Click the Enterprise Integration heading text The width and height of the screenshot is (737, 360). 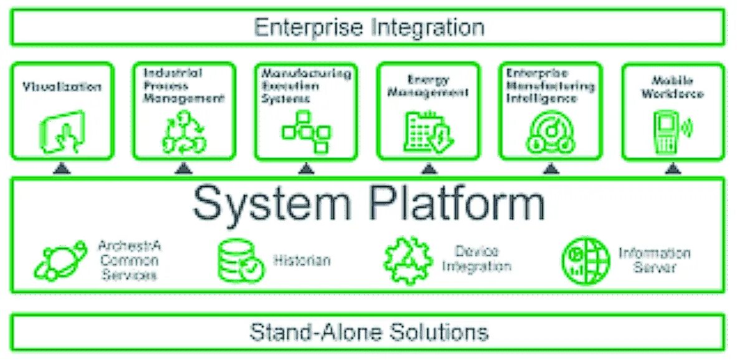pos(368,27)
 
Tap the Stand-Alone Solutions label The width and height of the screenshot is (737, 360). pos(368,331)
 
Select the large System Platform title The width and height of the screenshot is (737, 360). pos(368,203)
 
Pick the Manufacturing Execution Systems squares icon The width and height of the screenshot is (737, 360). pos(306,131)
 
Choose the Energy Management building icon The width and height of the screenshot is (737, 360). pos(426,132)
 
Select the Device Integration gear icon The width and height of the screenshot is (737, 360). pos(407,260)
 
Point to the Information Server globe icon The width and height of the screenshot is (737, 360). pos(585,261)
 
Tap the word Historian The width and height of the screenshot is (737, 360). pos(302,260)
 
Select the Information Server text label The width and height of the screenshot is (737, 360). pos(654,260)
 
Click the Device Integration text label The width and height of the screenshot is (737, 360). pos(476,259)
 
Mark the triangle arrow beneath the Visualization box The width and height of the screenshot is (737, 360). pos(60,168)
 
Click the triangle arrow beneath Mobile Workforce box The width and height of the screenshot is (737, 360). pos(673,168)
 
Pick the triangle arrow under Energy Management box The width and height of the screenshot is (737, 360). pos(428,168)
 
